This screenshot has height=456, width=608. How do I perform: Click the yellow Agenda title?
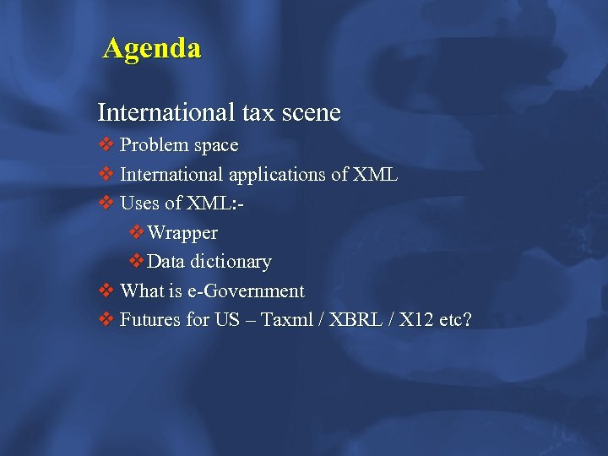click(x=152, y=48)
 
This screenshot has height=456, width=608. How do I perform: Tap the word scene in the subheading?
click(x=312, y=111)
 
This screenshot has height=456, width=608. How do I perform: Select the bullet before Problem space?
click(x=106, y=145)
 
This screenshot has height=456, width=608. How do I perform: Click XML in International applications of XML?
click(x=377, y=175)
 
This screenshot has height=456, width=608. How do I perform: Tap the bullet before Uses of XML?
click(x=106, y=204)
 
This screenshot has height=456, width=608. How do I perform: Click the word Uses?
click(x=138, y=204)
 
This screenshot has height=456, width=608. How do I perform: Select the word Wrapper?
click(x=182, y=233)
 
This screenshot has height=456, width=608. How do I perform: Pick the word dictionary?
click(x=230, y=262)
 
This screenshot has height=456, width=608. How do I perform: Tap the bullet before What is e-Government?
click(x=106, y=291)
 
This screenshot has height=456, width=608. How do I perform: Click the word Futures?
click(x=149, y=320)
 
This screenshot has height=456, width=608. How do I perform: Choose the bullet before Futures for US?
click(x=106, y=320)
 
